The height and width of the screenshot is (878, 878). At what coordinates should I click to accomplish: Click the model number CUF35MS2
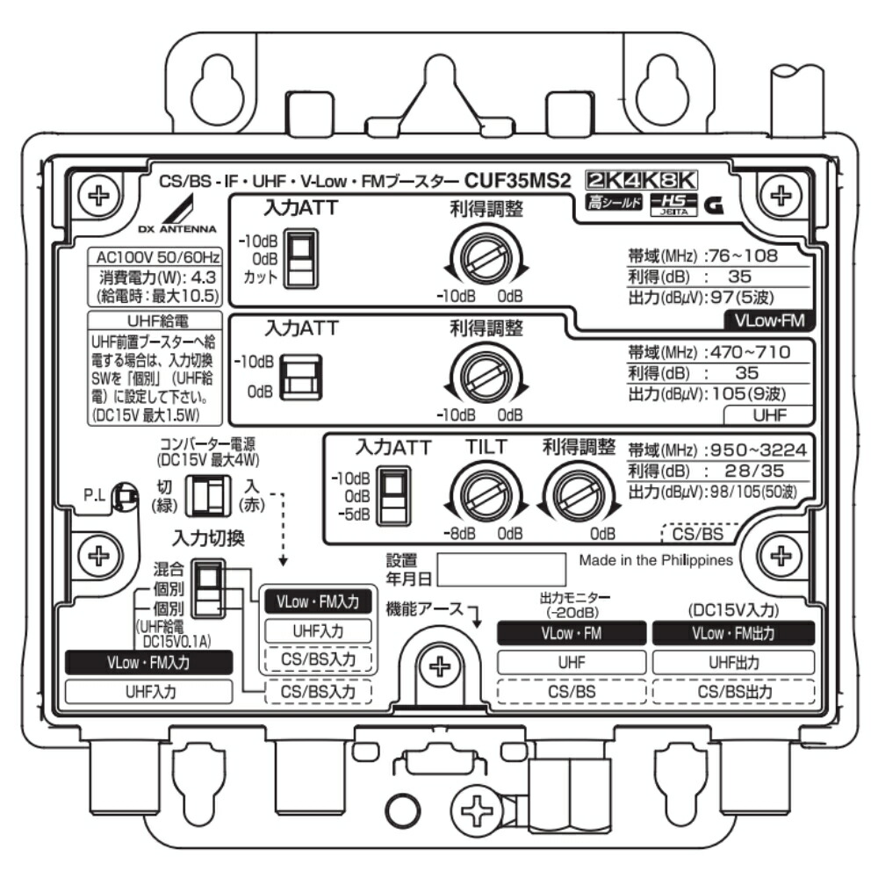click(x=517, y=182)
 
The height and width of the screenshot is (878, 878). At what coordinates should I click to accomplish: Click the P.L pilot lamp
click(x=126, y=497)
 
